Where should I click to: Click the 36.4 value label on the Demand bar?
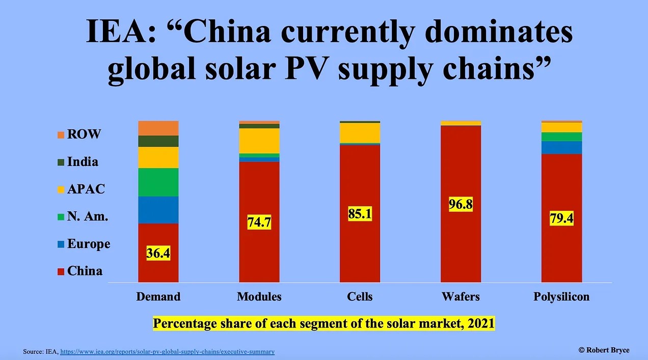(x=158, y=253)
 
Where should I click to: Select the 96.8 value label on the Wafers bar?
(x=461, y=205)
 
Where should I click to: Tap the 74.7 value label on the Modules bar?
(x=259, y=221)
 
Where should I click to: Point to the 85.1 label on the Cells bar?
(x=360, y=213)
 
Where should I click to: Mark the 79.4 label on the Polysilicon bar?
(x=561, y=218)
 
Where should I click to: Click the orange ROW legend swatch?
(x=61, y=135)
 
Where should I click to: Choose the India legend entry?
(x=83, y=162)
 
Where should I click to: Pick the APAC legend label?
(x=86, y=189)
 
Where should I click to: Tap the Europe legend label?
(x=88, y=244)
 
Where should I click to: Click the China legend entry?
(x=85, y=271)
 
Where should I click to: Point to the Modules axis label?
(x=259, y=296)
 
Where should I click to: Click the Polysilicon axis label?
(x=561, y=296)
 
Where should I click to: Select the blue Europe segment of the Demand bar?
(x=158, y=210)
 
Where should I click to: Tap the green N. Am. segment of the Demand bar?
(x=158, y=182)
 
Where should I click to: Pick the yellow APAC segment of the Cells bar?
(x=360, y=133)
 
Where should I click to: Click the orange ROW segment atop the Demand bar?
(x=158, y=128)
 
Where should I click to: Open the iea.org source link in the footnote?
(x=167, y=352)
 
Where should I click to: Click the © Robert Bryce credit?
(x=604, y=350)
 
